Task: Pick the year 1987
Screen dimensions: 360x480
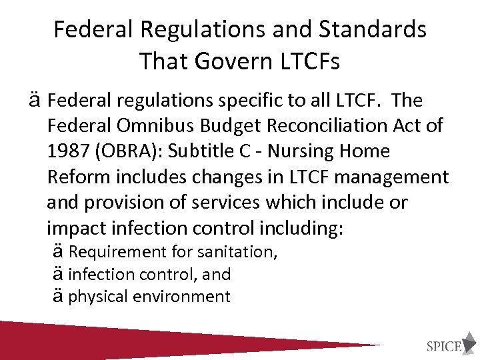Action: coord(69,151)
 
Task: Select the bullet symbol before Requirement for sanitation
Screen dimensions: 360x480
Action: coord(57,252)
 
